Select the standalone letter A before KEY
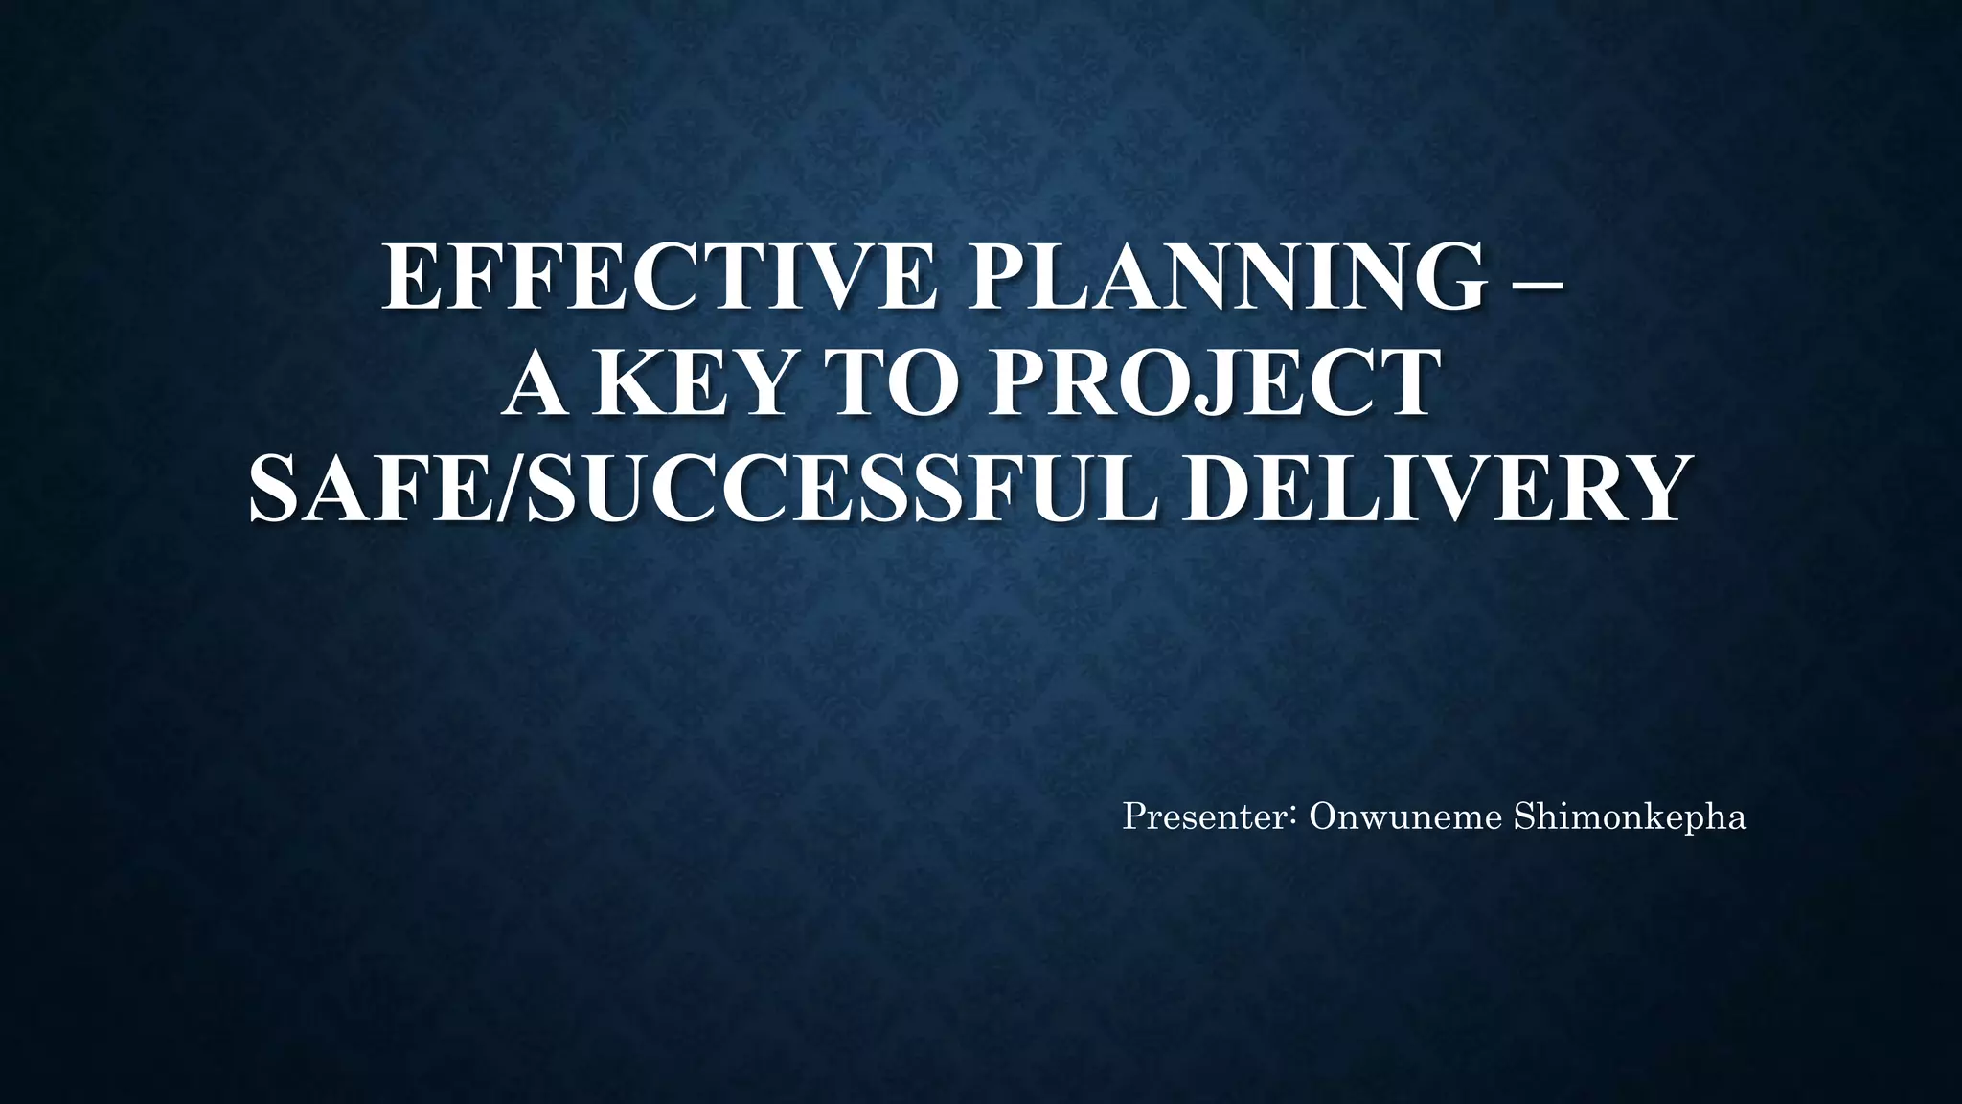coord(535,384)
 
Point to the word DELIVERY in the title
coord(1432,490)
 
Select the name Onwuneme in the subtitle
coord(1404,817)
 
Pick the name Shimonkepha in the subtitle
coord(1630,817)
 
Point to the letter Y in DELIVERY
coord(1647,490)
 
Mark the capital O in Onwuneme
coord(1324,817)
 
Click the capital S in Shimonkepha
coord(1523,817)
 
